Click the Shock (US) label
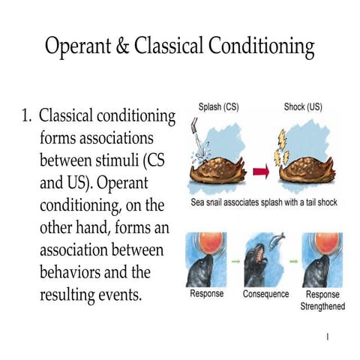(302, 107)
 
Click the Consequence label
(266, 294)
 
